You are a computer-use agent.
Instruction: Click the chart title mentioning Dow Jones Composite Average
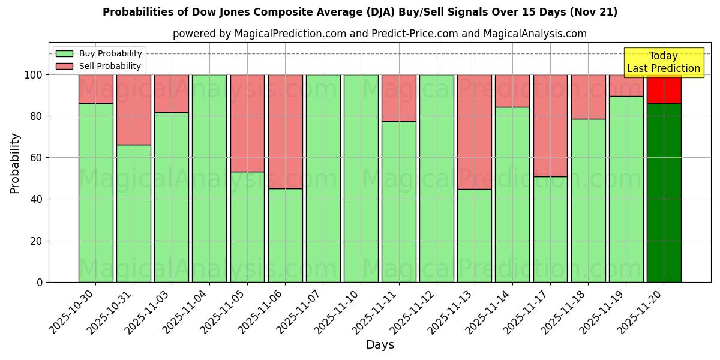coord(360,12)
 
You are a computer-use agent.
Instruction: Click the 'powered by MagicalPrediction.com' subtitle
coord(379,34)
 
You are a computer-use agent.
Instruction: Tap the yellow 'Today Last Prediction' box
coord(664,62)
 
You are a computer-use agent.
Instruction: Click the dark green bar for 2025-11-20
coord(664,192)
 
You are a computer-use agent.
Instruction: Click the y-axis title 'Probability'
coord(15,163)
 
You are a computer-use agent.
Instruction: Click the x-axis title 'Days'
coord(380,344)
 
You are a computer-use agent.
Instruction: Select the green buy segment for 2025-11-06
coord(285,235)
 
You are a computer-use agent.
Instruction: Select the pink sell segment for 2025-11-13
coord(474,132)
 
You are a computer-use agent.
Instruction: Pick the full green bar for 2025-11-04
coord(209,178)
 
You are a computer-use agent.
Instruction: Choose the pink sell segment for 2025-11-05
coord(247,123)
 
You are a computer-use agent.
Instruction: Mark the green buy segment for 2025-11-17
coord(550,229)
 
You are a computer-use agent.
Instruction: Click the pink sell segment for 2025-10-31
coord(133,110)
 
